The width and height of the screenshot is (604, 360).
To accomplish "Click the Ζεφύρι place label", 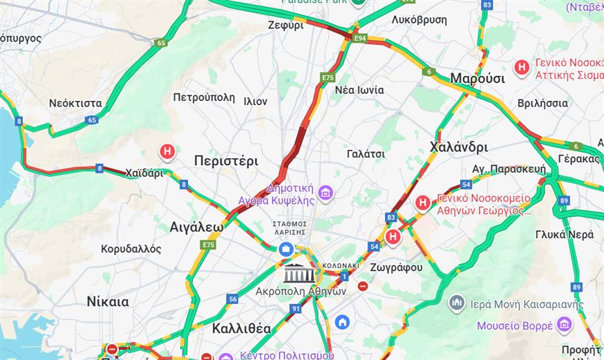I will (x=285, y=25).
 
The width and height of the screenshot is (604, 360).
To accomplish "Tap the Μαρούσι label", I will (x=477, y=78).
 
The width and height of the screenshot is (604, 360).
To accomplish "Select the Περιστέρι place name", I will (x=226, y=161).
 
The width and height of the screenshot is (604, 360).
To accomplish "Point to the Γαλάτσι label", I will (x=366, y=153).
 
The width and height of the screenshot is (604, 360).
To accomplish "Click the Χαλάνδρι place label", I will (x=458, y=146).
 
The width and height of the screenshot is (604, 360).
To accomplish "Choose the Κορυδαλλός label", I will (x=131, y=249).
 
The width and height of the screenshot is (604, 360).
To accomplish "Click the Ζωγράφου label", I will (x=396, y=267).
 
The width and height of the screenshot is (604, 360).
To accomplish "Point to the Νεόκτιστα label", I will (x=75, y=103).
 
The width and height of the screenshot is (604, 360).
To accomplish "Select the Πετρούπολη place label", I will (x=204, y=97).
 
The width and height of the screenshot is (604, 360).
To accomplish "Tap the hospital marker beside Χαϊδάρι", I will (x=167, y=151).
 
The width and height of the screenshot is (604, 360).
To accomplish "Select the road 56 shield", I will (x=233, y=299).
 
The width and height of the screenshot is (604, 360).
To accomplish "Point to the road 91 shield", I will (x=295, y=308).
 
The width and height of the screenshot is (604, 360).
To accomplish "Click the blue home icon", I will (x=342, y=321).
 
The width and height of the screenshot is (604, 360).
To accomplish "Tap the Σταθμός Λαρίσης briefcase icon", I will (x=285, y=249).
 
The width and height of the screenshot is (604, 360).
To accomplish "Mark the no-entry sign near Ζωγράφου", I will (x=363, y=285).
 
